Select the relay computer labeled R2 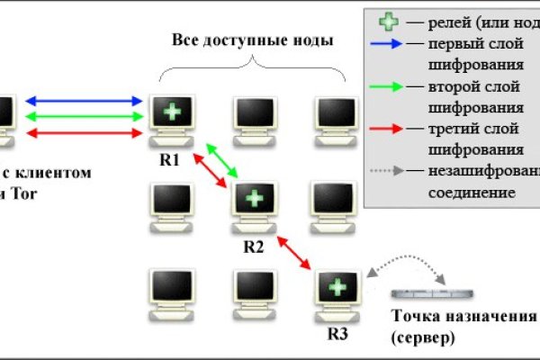(255, 205)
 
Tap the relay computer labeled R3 (337, 293)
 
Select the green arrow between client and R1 (86, 116)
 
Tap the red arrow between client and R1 (86, 133)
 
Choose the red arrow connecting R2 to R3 (295, 253)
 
